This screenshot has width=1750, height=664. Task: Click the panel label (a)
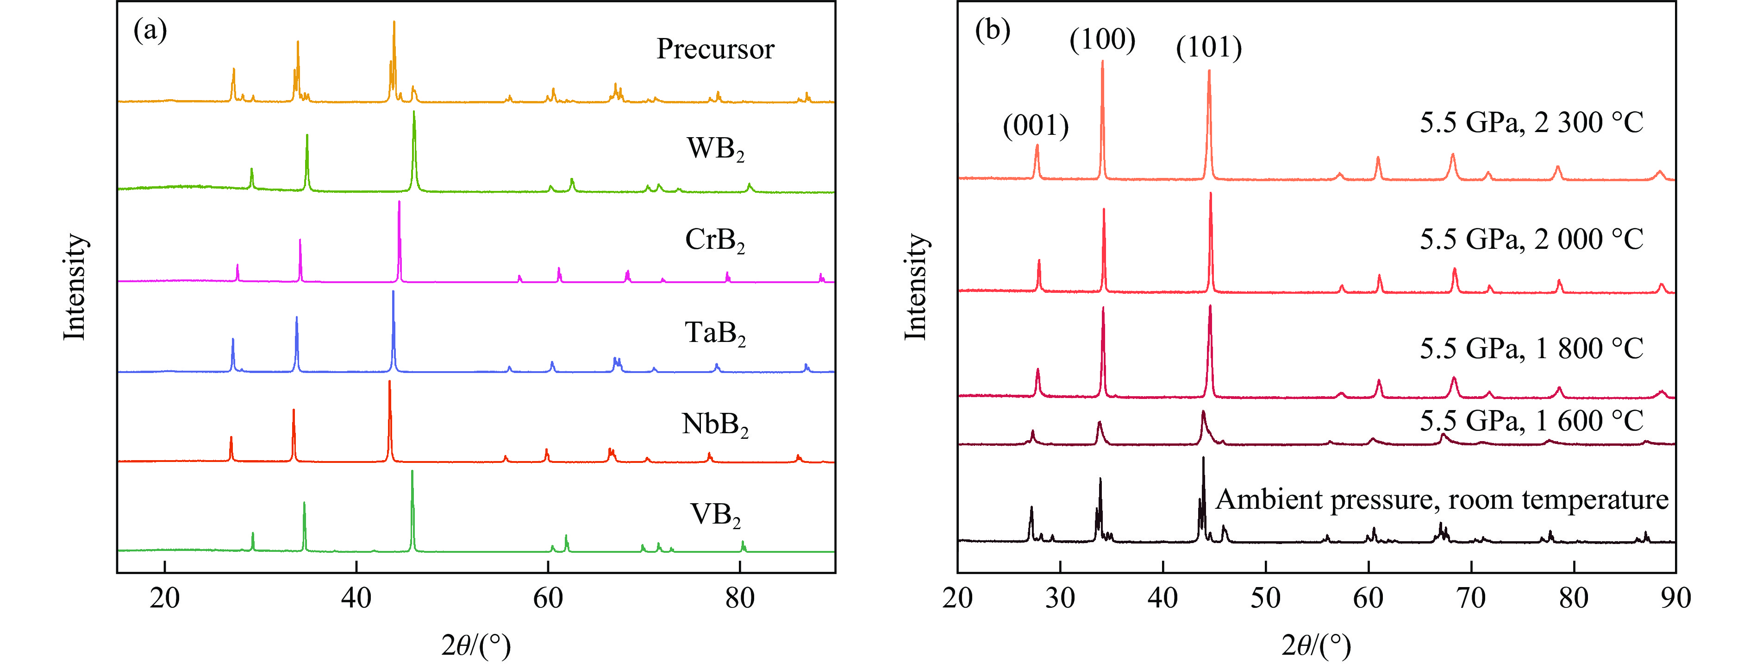[150, 31]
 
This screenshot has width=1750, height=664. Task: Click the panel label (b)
[993, 31]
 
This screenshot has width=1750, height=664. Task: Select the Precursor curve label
[715, 49]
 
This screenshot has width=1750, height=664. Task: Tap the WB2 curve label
[715, 149]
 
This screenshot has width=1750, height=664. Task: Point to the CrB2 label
[715, 240]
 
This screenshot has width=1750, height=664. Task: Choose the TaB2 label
[715, 333]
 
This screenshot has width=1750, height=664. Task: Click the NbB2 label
[715, 425]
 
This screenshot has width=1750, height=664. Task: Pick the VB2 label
[715, 515]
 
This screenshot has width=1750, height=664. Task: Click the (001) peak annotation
[1035, 126]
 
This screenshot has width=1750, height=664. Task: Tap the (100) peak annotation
[1102, 39]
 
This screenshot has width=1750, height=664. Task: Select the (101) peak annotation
[1208, 48]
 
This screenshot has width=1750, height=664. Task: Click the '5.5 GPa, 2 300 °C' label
[1531, 123]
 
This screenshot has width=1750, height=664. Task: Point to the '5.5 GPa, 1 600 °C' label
[1531, 421]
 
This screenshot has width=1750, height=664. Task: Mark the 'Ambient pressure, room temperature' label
[1442, 500]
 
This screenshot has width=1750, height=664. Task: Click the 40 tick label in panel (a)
[356, 598]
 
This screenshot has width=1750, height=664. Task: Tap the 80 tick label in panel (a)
[739, 598]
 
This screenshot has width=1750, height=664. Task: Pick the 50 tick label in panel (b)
[1266, 598]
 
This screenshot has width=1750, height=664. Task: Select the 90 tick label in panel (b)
[1675, 598]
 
